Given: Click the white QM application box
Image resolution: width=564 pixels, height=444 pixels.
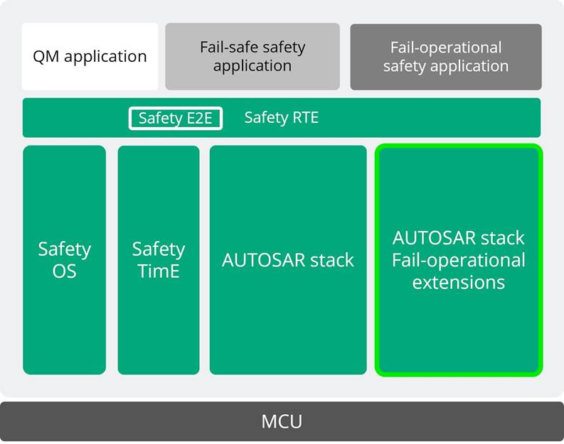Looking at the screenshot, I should pos(90,57).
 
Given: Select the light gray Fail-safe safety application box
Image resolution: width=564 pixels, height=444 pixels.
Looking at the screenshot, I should pos(252,57).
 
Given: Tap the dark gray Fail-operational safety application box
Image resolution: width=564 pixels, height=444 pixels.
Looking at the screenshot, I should pos(446,57).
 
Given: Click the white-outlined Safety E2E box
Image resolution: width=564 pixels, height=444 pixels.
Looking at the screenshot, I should pos(175,118).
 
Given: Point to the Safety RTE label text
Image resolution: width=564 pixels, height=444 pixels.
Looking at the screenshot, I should pos(282,118).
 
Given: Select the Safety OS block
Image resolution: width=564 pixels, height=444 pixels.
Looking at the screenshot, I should pos(64,260).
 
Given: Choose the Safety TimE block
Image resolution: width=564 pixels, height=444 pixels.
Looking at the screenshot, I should pos(159,260).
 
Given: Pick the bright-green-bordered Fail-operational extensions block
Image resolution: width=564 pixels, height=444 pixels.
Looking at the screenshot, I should pos(459,260).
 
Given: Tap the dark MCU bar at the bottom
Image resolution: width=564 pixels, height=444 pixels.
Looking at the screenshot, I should pos(282,421).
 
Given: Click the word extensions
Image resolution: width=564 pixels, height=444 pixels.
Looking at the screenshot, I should pos(459,283).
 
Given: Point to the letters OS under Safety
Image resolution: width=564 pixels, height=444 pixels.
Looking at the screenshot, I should pos(64,271).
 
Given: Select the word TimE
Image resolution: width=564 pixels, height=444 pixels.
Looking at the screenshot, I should pos(159,271).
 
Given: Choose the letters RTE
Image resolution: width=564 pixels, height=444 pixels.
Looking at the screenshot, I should pos(304,118).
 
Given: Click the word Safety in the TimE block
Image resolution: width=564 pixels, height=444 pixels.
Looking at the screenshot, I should pos(159,249).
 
